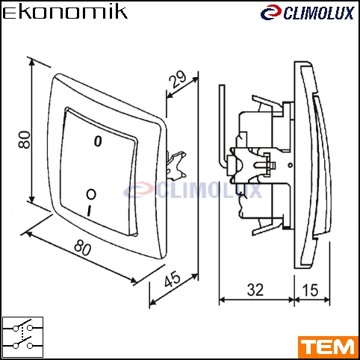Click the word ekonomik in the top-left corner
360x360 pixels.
pos(65,12)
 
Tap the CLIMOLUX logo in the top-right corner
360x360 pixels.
pos(307,13)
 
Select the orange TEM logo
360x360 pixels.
pos(329,347)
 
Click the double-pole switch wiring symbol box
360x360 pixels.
pos(22,337)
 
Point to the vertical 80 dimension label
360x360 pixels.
pos(25,140)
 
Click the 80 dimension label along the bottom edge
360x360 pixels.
pos(83,248)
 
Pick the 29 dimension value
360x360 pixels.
pos(178,79)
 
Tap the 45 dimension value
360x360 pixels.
pos(173,279)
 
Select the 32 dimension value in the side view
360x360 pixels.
pos(255,290)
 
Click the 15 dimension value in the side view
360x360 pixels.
pos(310,290)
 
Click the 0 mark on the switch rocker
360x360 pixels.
pos(98,141)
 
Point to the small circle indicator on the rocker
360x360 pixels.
pos(91,194)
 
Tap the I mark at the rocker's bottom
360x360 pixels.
pos(89,211)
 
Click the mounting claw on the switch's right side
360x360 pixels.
pos(176,166)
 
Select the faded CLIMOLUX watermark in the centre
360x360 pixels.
pos(193,190)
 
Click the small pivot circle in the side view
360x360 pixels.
pos(290,165)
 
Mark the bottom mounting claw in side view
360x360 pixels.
pos(267,226)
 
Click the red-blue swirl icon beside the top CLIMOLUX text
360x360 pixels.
pos(271,13)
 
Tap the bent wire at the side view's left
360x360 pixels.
pos(223,127)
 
